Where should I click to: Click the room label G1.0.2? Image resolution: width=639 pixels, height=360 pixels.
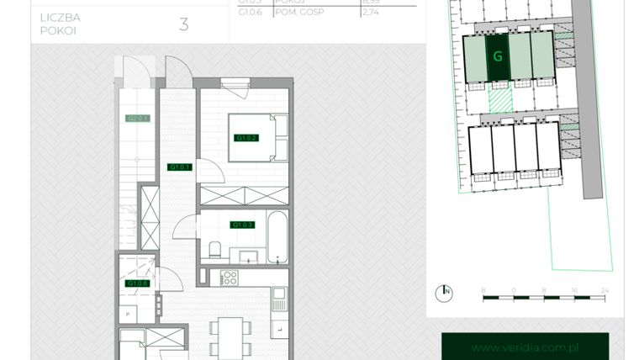(x=246, y=137)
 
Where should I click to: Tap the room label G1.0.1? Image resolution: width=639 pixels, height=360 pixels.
(x=180, y=167)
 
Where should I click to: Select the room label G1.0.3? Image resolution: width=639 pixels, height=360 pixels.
(x=243, y=225)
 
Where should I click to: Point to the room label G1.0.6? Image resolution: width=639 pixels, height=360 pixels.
(x=137, y=283)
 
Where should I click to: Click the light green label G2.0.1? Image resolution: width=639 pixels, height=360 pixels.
(x=137, y=119)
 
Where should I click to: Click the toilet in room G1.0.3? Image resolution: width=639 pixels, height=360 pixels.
(x=215, y=250)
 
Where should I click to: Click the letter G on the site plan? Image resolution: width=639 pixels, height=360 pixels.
(x=499, y=57)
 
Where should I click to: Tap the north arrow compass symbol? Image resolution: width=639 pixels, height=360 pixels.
(x=443, y=294)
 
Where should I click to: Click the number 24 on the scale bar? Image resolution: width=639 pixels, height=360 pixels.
(x=604, y=290)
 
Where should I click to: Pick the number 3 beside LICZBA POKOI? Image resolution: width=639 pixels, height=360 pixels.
(x=184, y=24)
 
